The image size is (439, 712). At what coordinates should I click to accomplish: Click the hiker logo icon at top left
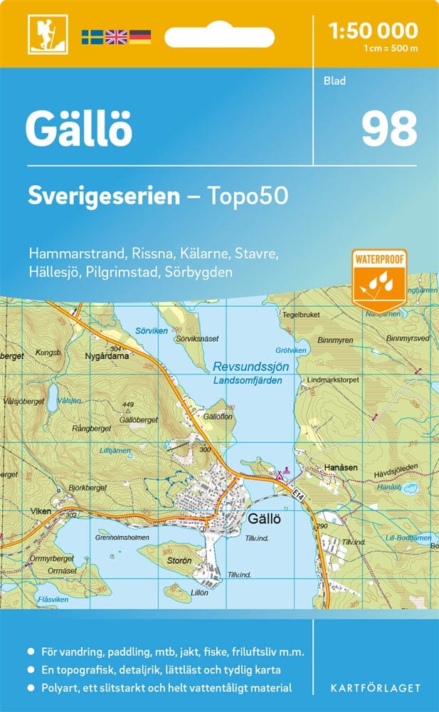tap(41, 33)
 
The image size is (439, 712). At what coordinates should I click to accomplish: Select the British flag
tap(115, 36)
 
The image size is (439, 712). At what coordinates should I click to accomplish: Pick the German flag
tap(139, 36)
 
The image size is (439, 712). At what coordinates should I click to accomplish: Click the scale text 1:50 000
tap(373, 31)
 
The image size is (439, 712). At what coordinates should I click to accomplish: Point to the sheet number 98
tap(388, 129)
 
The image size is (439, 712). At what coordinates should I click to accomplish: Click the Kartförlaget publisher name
tap(376, 688)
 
